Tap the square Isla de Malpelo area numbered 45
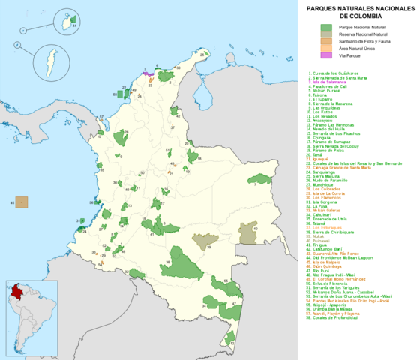(x=22, y=202)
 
